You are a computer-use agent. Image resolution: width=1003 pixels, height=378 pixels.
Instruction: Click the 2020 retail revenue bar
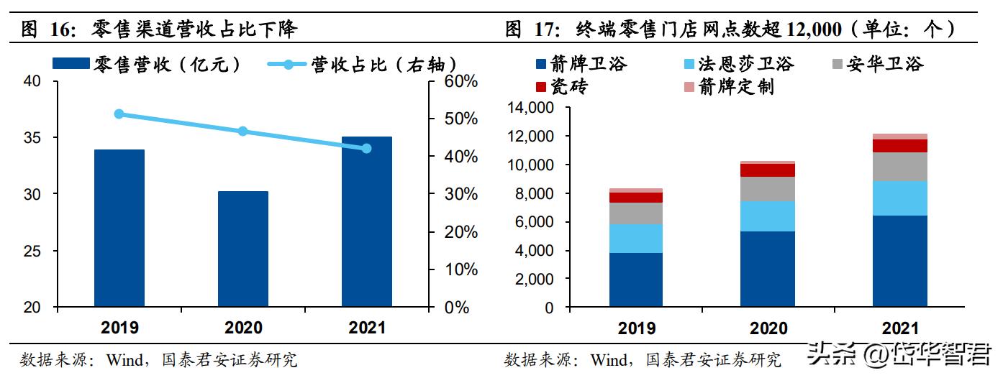[x=243, y=249]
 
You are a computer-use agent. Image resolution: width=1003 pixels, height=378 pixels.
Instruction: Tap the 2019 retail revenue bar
[x=119, y=228]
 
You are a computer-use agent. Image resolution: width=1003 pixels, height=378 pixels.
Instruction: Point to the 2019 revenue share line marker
[x=119, y=114]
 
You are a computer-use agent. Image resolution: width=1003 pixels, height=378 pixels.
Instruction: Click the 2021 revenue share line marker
[x=366, y=148]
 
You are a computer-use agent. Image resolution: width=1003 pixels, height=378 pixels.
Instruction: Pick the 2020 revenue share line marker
[x=243, y=131]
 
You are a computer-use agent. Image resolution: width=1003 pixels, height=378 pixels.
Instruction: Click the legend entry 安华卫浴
[x=885, y=64]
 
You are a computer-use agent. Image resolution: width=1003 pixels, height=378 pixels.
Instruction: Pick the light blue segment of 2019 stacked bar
[x=635, y=238]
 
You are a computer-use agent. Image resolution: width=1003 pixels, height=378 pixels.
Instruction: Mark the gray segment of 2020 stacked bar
[x=768, y=189]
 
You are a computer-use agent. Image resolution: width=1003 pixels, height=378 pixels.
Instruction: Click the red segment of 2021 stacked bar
[x=900, y=146]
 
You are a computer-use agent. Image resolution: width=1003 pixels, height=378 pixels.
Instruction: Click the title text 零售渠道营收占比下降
[x=194, y=29]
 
